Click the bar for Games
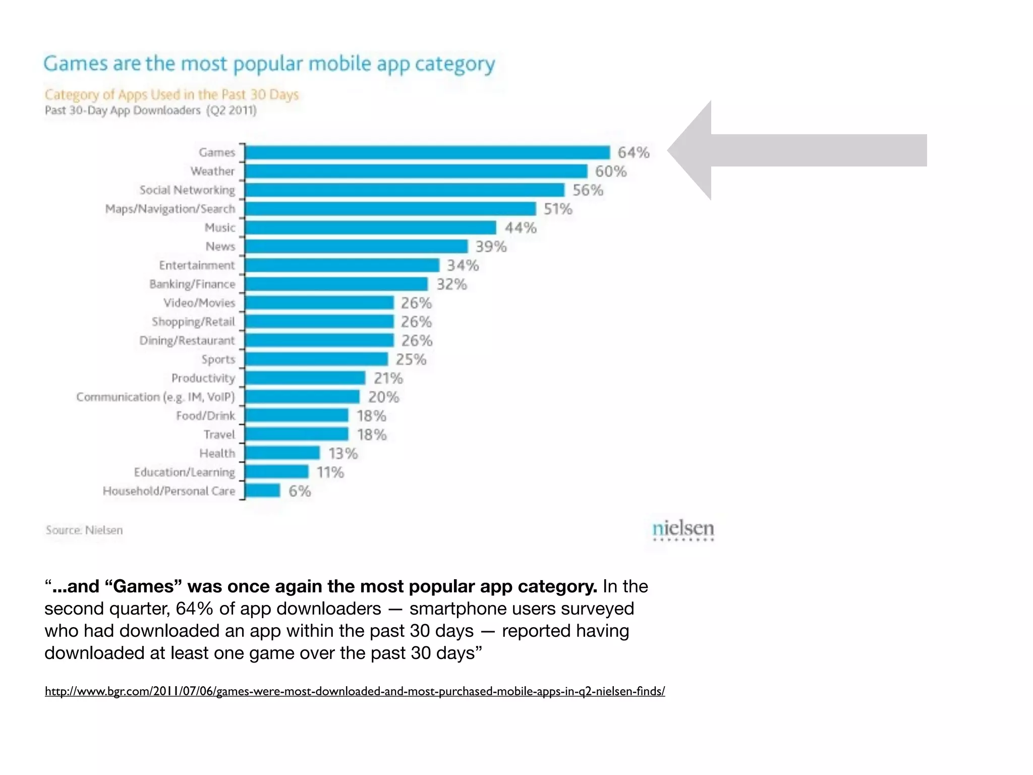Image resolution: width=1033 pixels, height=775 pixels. pos(427,152)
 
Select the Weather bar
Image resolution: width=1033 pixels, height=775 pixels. pos(416,171)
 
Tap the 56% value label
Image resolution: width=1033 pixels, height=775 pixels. pos(588,190)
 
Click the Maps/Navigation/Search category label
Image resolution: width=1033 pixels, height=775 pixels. pos(170,209)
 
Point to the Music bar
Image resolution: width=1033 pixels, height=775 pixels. pos(371,228)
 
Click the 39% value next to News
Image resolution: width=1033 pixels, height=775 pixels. pos(491,247)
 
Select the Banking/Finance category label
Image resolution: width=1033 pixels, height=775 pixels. pos(192,284)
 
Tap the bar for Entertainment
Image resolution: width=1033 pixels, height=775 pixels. pos(342,265)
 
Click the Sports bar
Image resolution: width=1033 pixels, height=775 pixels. pos(317,359)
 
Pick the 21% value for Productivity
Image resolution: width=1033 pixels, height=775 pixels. pos(388,378)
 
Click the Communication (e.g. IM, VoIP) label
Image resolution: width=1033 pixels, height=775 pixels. pos(155,397)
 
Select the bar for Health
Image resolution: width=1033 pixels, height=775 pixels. pos(282,453)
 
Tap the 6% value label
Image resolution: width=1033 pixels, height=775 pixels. pos(300,491)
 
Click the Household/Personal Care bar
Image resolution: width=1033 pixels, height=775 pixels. pos(263,491)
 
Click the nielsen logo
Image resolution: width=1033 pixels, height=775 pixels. pos(683,530)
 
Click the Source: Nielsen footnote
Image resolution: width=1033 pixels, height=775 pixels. pos(84,530)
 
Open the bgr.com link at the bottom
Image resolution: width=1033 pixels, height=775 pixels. pos(355,691)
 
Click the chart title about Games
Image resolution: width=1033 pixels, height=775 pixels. pos(269,64)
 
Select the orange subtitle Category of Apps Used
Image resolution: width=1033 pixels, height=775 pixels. pos(171,95)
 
